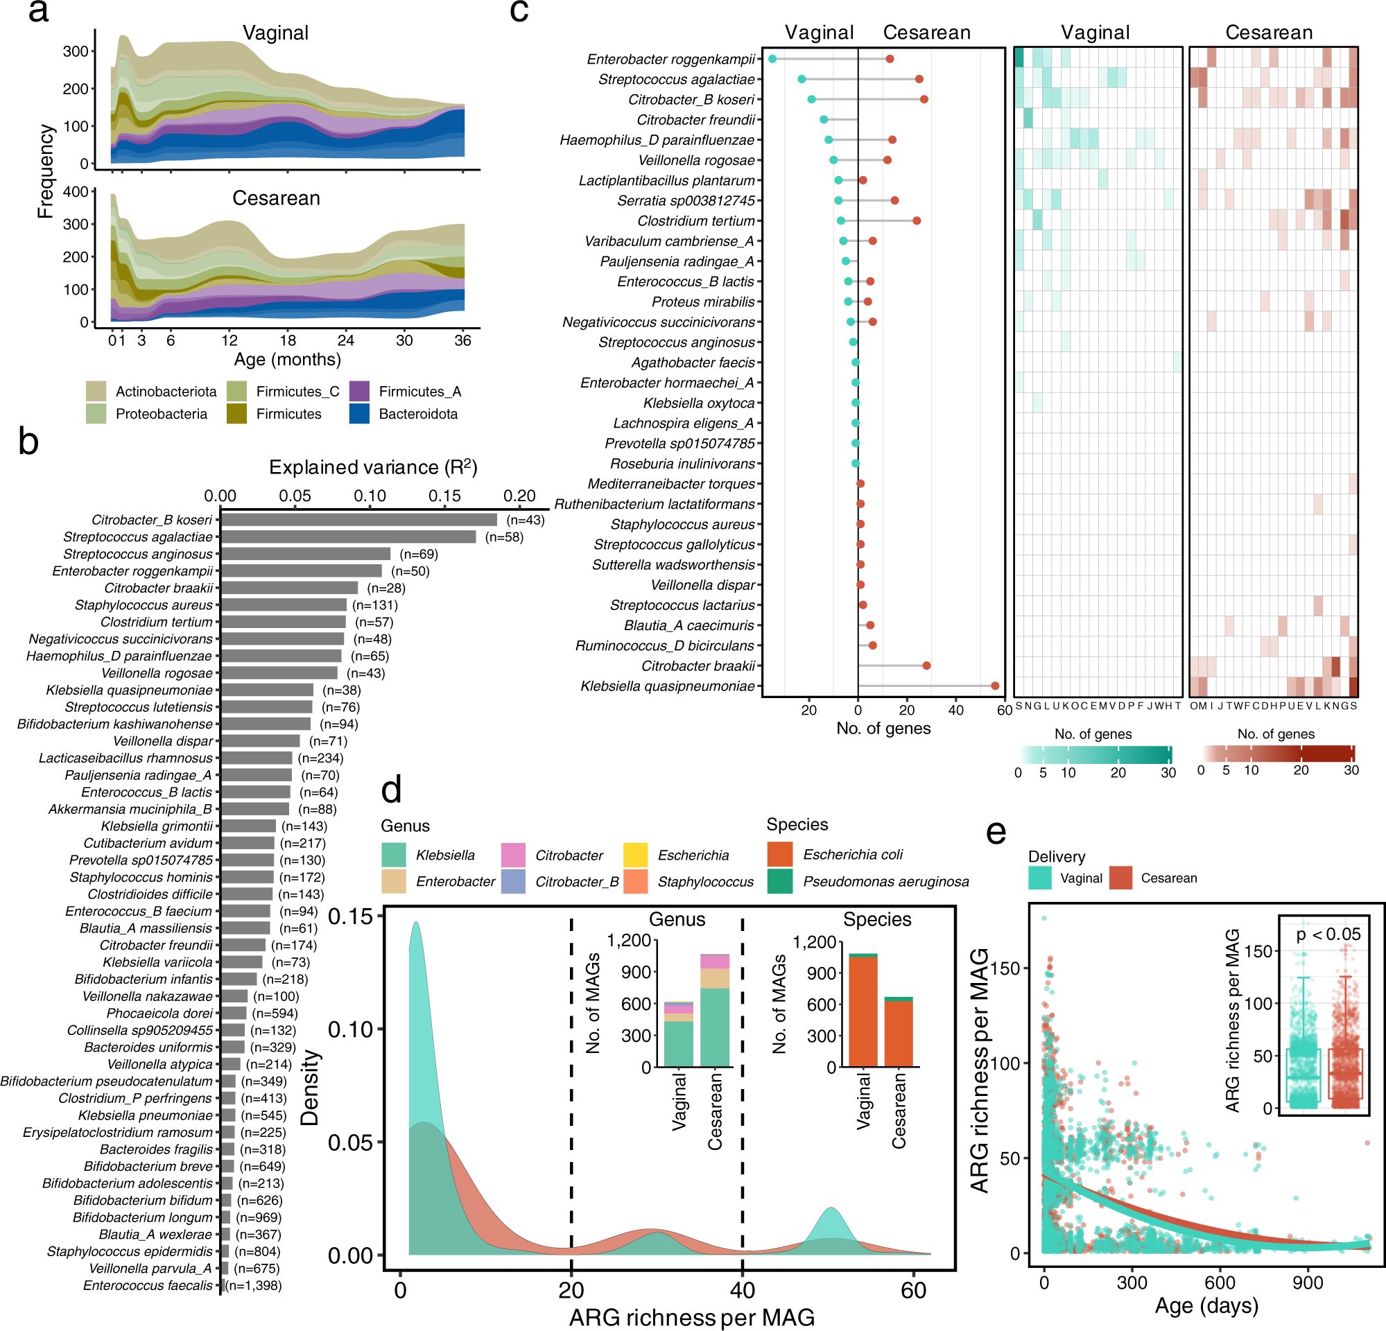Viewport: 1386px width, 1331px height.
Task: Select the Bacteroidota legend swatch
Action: click(359, 413)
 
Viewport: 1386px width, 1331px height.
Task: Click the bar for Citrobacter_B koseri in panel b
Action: click(358, 519)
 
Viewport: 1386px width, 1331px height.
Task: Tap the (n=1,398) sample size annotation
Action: click(254, 1285)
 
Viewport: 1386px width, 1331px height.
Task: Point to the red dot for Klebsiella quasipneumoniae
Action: click(995, 686)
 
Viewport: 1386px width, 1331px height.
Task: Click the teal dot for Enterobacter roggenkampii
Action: click(772, 60)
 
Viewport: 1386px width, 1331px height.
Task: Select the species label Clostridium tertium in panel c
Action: click(696, 220)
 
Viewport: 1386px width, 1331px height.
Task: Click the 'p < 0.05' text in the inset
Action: click(1327, 934)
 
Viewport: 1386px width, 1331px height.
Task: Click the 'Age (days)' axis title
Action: click(1206, 1305)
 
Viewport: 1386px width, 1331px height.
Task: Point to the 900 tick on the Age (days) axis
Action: click(1308, 1282)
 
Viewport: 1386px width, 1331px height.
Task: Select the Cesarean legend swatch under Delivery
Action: click(1121, 878)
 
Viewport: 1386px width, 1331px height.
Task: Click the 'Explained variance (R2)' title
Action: click(372, 467)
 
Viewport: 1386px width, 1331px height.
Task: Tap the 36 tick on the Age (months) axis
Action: click(462, 340)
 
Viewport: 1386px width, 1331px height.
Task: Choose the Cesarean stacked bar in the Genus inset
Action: click(714, 1011)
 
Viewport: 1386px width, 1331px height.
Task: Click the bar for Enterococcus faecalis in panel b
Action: click(222, 1285)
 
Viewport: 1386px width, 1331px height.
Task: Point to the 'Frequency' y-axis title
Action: click(45, 171)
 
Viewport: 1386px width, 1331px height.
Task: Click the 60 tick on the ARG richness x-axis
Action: click(913, 1291)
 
